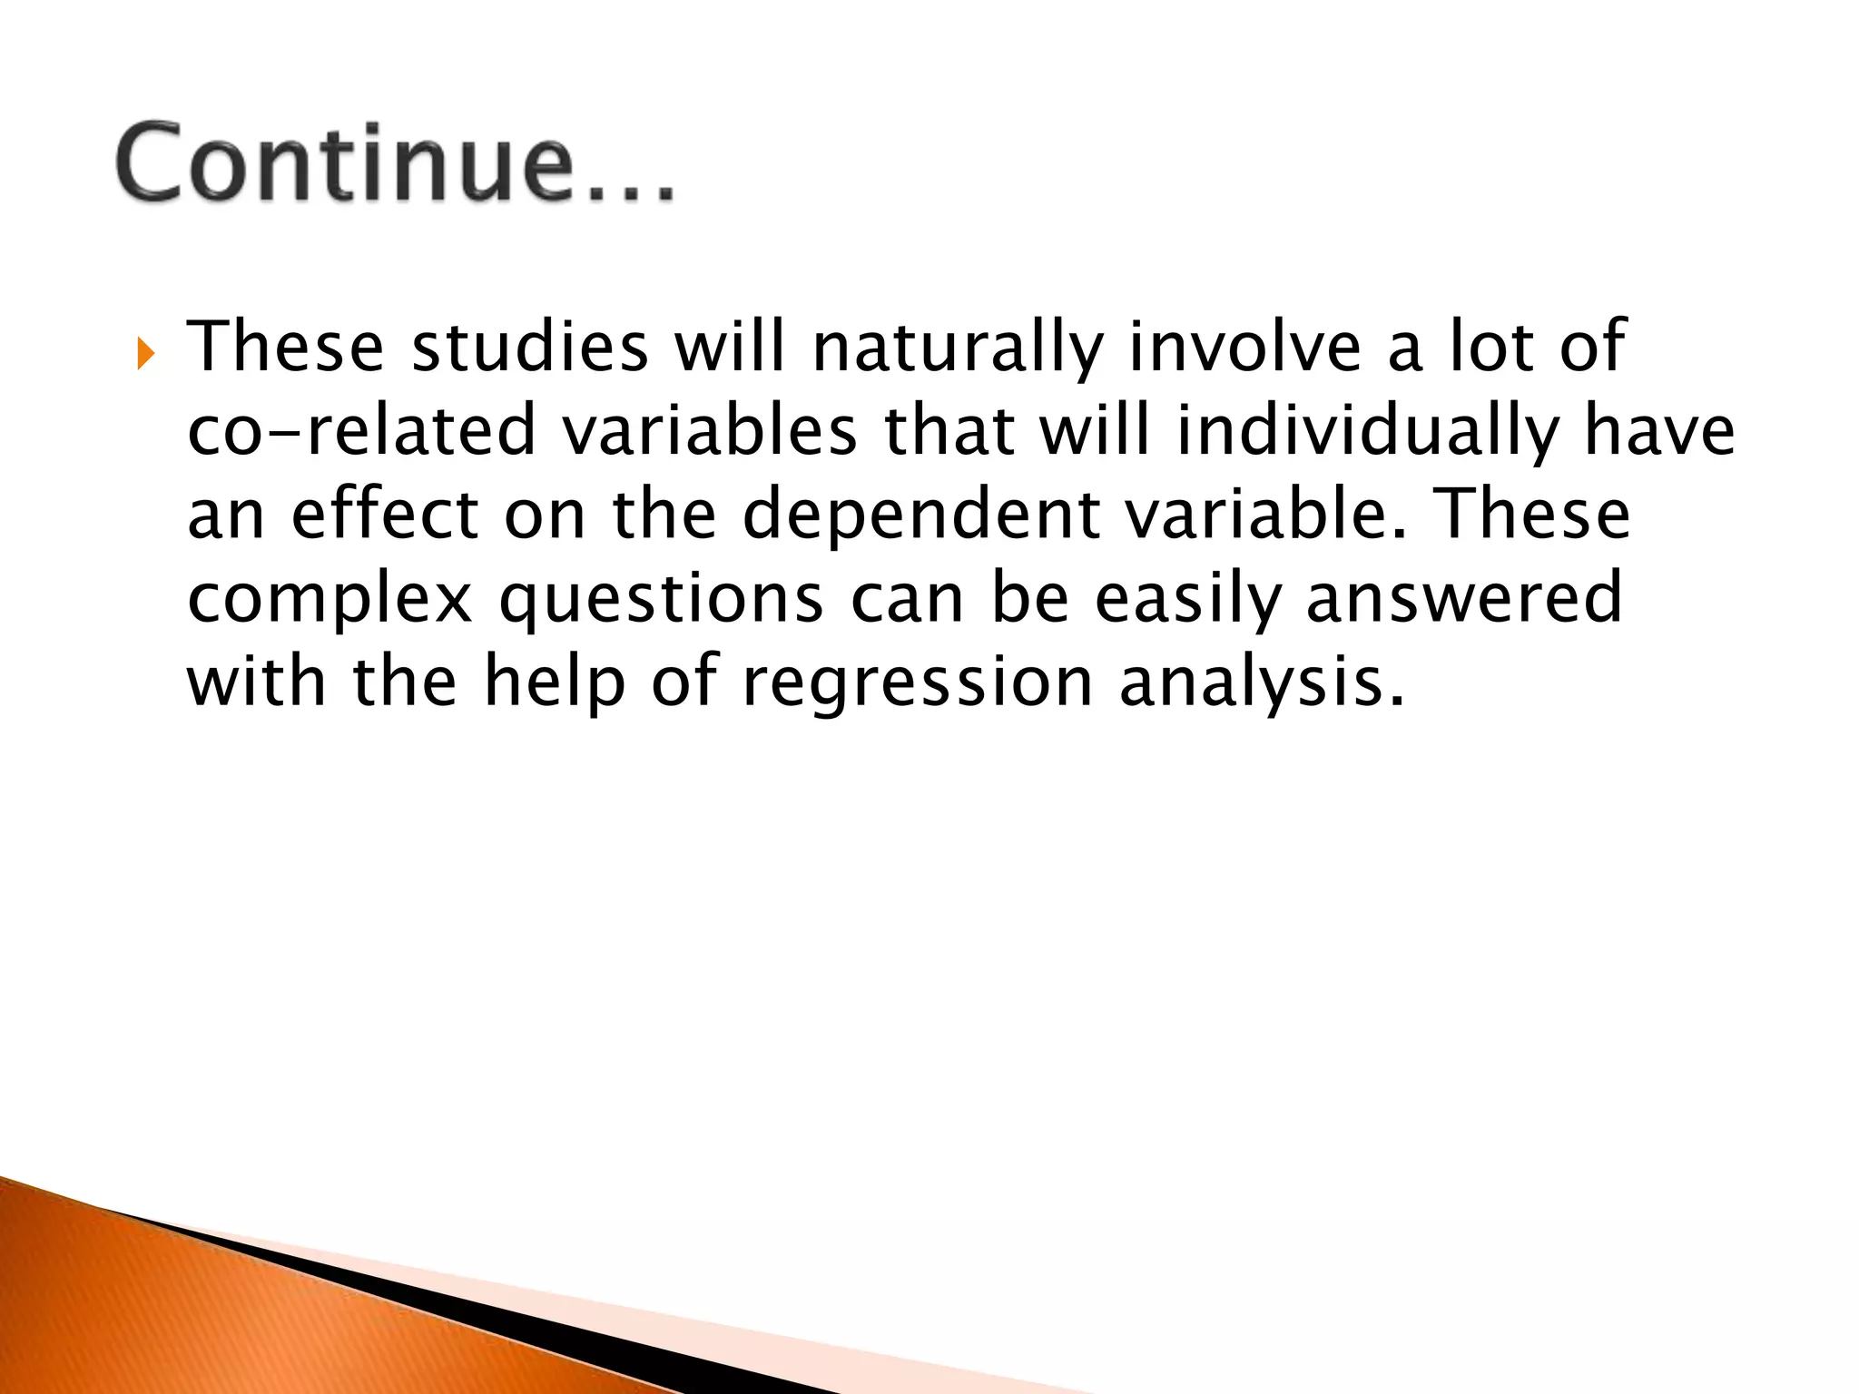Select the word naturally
coord(958,349)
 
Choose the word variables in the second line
coord(710,431)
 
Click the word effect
coord(384,515)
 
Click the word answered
coord(1463,599)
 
